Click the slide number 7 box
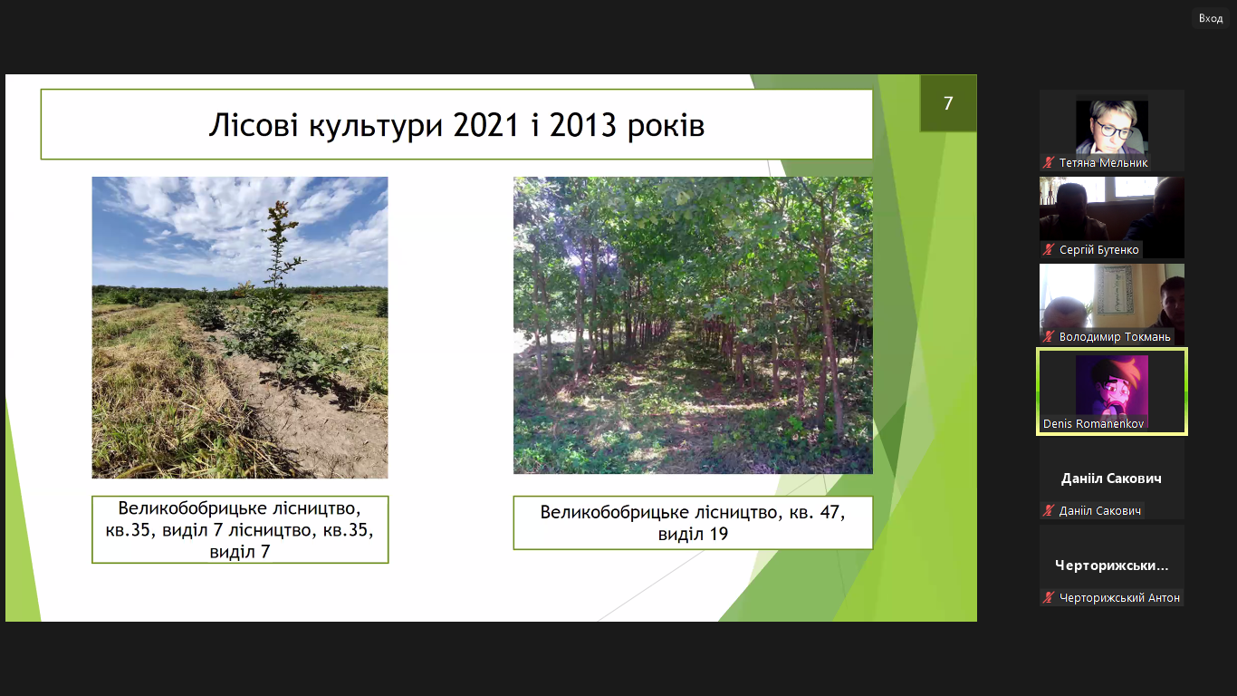click(947, 103)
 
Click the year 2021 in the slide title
click(486, 125)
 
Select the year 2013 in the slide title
click(582, 125)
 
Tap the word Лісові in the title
click(254, 125)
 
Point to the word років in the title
click(666, 126)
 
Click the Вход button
click(1211, 18)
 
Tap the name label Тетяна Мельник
click(1103, 163)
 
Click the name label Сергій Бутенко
click(1098, 250)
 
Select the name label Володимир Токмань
click(1115, 336)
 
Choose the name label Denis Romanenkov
click(1093, 423)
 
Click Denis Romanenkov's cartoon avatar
click(1112, 386)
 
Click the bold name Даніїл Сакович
click(1111, 478)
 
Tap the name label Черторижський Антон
click(1118, 597)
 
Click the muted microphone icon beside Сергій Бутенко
click(1048, 250)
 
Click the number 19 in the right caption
click(717, 534)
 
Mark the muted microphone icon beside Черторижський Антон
click(1048, 597)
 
